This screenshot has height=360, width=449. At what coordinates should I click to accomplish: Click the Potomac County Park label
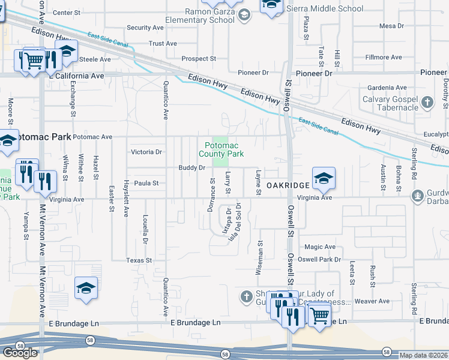pos(224,149)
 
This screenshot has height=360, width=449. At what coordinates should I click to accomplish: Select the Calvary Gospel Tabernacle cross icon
pos(427,101)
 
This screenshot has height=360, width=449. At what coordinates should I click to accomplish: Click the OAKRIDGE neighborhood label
pos(288,185)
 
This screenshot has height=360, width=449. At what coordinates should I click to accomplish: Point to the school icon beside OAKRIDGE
pos(324,178)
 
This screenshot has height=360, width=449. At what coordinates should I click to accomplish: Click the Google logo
pos(20,353)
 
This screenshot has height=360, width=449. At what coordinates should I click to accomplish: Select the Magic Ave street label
pos(320,247)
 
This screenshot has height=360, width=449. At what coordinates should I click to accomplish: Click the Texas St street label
pos(139,260)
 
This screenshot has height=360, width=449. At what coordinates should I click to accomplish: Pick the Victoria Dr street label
pos(147,152)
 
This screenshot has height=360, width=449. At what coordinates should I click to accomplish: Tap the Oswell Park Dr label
pos(322,260)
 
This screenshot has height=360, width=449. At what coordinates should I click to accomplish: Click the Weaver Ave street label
pos(372,301)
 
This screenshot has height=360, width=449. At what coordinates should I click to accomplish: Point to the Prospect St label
pos(199,59)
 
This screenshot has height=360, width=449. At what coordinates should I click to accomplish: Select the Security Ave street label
pos(145,28)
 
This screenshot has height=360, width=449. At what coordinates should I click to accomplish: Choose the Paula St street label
pos(146,183)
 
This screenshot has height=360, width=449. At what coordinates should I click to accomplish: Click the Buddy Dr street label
pos(192,167)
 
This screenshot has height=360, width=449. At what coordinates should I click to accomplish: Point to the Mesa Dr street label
pos(393,26)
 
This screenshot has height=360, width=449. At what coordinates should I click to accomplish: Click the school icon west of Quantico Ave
pos(86,287)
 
